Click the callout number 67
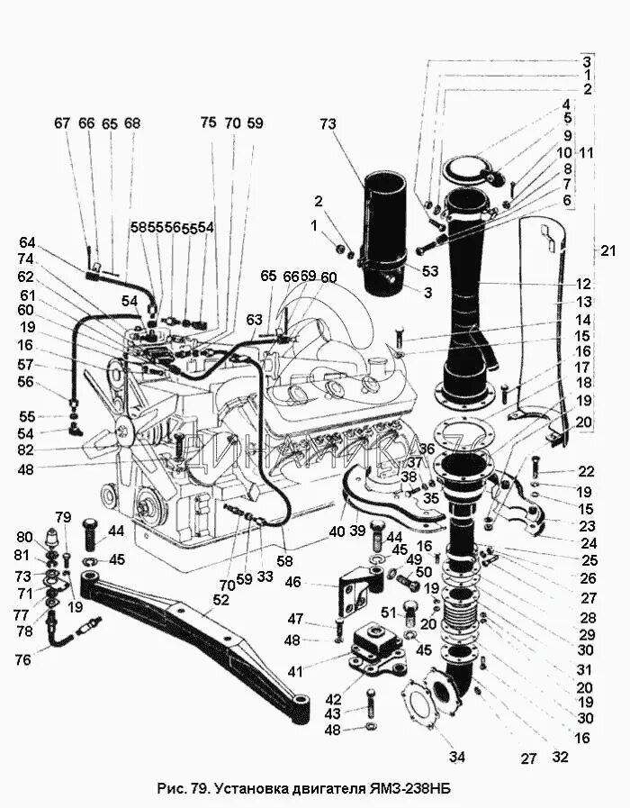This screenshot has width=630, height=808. click(x=61, y=123)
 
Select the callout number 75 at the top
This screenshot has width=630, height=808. click(x=208, y=123)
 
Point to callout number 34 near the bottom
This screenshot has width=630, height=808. click(x=457, y=757)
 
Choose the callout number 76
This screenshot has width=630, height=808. click(x=22, y=659)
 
